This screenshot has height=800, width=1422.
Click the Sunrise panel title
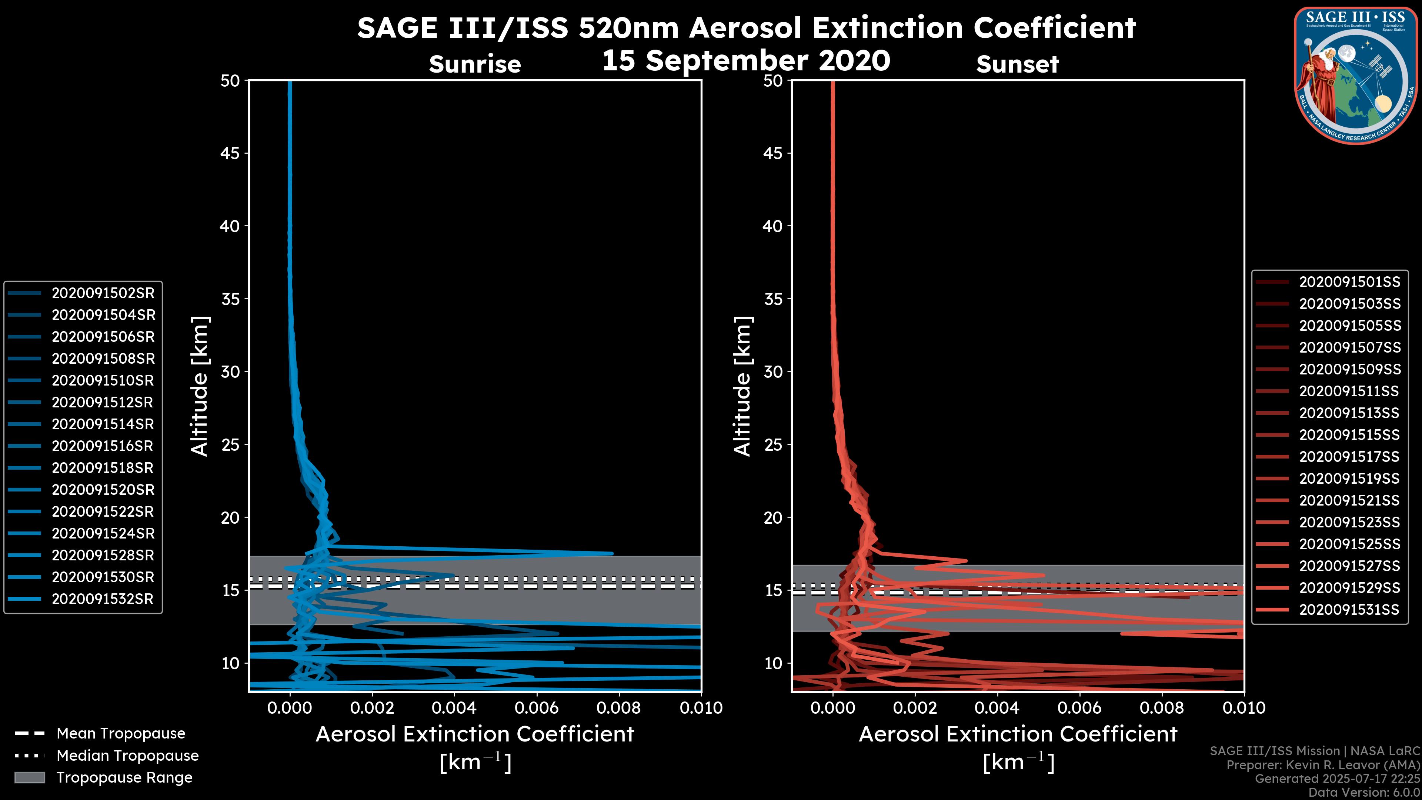(475, 64)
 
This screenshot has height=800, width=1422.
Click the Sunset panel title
(1017, 64)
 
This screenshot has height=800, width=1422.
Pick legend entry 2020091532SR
(102, 599)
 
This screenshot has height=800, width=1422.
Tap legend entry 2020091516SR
(102, 446)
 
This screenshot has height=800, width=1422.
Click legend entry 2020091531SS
(1349, 610)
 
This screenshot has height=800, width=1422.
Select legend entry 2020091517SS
(1349, 457)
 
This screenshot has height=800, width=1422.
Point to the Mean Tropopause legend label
(121, 734)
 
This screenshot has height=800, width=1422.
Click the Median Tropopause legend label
(127, 756)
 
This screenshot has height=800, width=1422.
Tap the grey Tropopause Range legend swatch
(29, 777)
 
